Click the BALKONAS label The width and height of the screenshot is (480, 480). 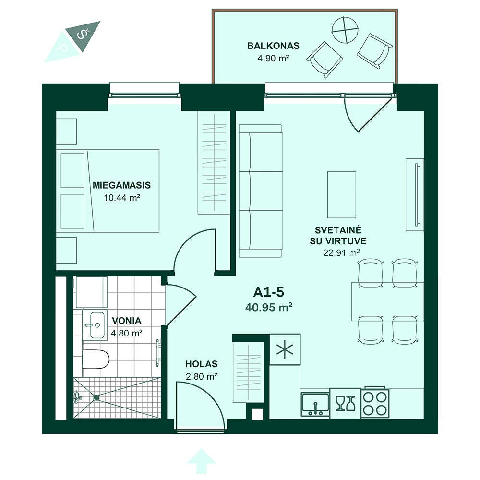tap(273, 46)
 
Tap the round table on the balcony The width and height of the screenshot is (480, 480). tap(346, 30)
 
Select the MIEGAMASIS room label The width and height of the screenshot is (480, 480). tap(121, 185)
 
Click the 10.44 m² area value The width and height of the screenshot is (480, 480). tap(122, 198)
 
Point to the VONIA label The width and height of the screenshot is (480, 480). tap(126, 321)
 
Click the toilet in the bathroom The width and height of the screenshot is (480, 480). tap(96, 359)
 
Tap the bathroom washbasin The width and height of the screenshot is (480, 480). tap(95, 325)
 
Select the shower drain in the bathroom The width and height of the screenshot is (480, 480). tap(96, 397)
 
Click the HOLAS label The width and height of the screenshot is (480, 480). tap(202, 364)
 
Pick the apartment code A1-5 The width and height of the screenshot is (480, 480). tap(268, 292)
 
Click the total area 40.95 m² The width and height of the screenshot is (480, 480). tap(268, 307)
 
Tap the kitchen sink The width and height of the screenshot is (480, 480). tap(315, 404)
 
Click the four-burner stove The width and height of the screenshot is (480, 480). tap(375, 403)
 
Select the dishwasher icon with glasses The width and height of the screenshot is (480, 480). tap(345, 404)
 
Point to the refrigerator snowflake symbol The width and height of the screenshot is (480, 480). tap(284, 349)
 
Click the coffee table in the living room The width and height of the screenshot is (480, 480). tap(342, 195)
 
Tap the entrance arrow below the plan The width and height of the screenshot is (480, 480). tap(202, 461)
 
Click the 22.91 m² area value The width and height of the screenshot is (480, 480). tap(341, 253)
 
